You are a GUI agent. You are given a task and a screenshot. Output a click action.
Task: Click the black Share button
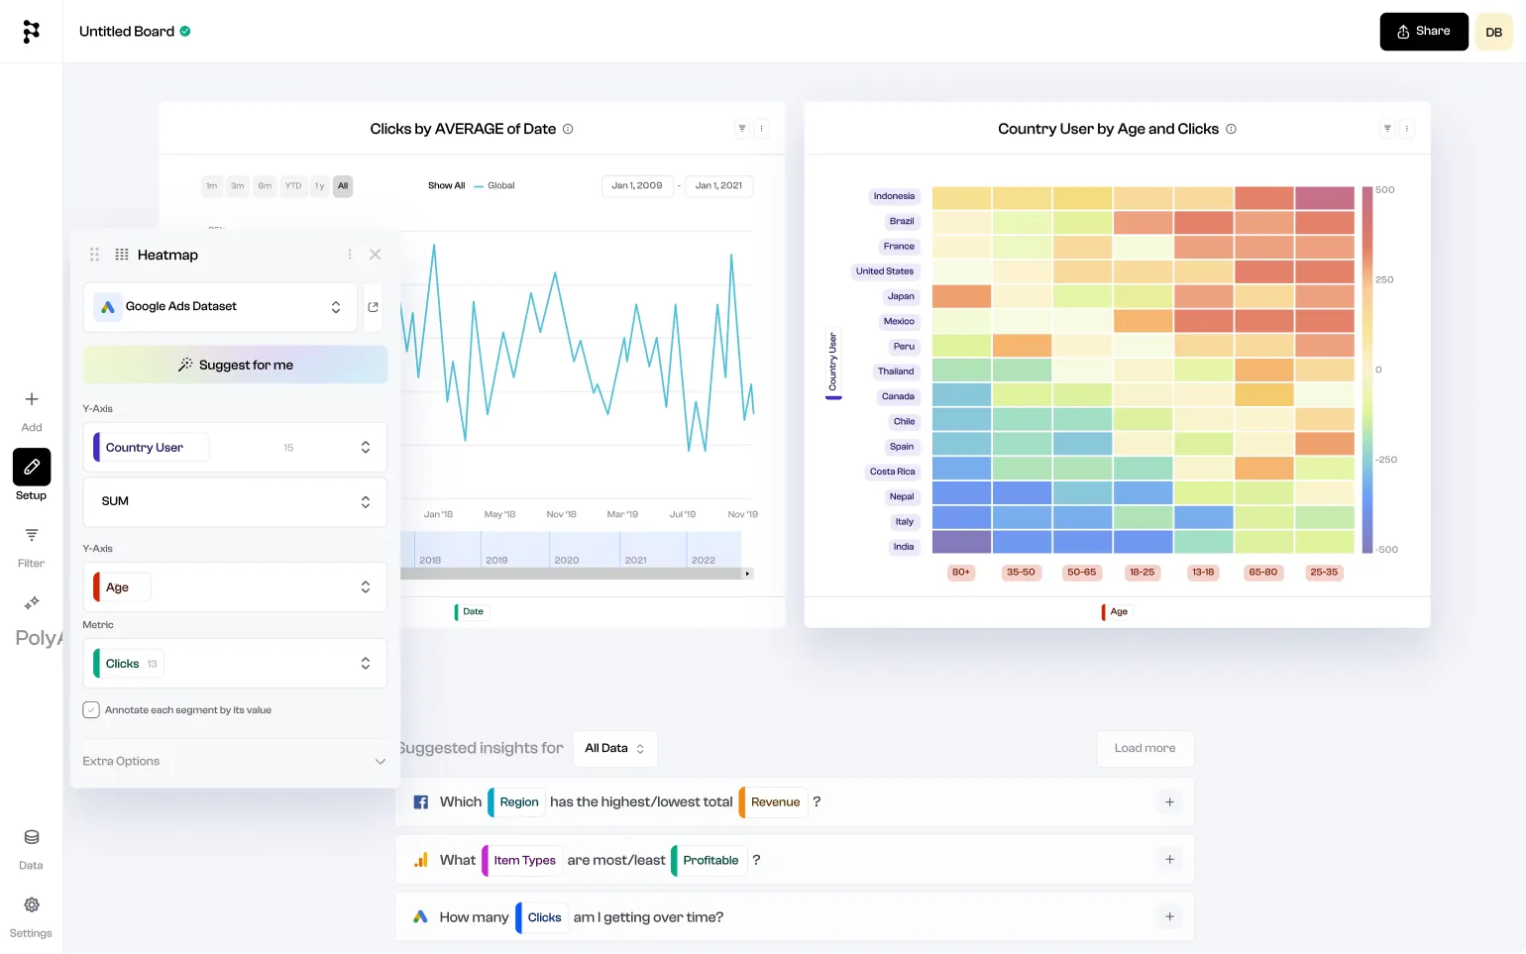pos(1423,32)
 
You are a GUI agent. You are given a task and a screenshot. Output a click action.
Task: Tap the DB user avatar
pos(1493,32)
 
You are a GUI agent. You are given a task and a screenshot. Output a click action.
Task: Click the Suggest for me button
pos(235,365)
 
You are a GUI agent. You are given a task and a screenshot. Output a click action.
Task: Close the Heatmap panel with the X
pos(375,255)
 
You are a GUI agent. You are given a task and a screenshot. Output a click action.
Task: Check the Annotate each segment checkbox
pos(91,710)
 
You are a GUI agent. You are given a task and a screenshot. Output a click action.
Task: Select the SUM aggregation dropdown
pos(234,501)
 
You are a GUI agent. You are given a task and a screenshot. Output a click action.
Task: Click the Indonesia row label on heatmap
pos(894,196)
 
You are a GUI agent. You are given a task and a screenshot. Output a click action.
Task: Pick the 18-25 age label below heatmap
pos(1142,573)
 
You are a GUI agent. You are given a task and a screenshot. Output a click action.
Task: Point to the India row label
pos(904,547)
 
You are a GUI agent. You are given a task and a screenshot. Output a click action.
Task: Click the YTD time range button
pos(293,186)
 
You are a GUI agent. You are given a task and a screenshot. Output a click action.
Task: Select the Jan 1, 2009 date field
pos(636,186)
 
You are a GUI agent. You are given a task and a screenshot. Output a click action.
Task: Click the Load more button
pos(1144,748)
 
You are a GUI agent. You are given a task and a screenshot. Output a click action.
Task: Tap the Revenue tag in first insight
pos(775,802)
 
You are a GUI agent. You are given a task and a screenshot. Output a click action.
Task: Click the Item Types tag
pos(524,860)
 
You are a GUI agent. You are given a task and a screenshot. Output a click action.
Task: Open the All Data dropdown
pos(614,748)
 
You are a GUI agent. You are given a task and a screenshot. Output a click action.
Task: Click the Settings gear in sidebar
pos(32,905)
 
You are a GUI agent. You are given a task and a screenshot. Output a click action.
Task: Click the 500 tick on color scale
pos(1384,190)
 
